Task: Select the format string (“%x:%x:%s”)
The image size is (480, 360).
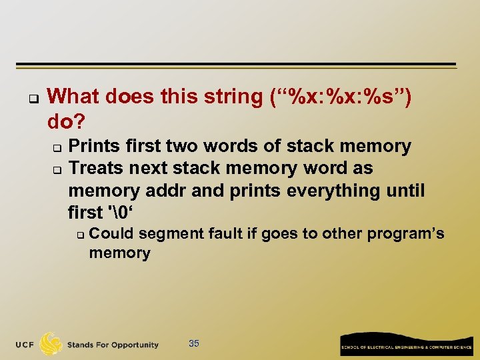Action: pyautogui.click(x=341, y=97)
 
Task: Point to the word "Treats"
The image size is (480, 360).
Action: pyautogui.click(x=99, y=168)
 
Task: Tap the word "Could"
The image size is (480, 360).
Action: pyautogui.click(x=111, y=233)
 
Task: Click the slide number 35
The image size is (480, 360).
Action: pyautogui.click(x=194, y=343)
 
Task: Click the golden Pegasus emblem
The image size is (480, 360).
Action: pyautogui.click(x=51, y=343)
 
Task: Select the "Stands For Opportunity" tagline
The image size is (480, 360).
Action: pyautogui.click(x=113, y=345)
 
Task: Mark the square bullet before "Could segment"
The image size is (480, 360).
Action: pyautogui.click(x=79, y=235)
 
